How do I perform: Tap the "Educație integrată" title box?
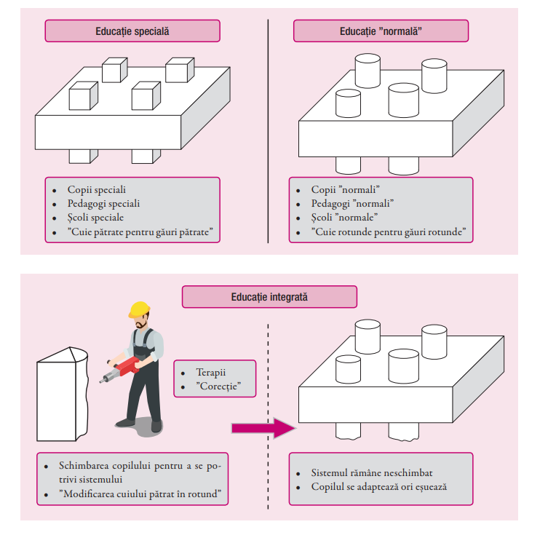[269, 297]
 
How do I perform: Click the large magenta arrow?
[262, 428]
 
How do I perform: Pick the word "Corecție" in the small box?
[219, 385]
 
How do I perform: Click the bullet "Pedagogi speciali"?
[103, 204]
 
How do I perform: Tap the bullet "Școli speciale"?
[95, 218]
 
